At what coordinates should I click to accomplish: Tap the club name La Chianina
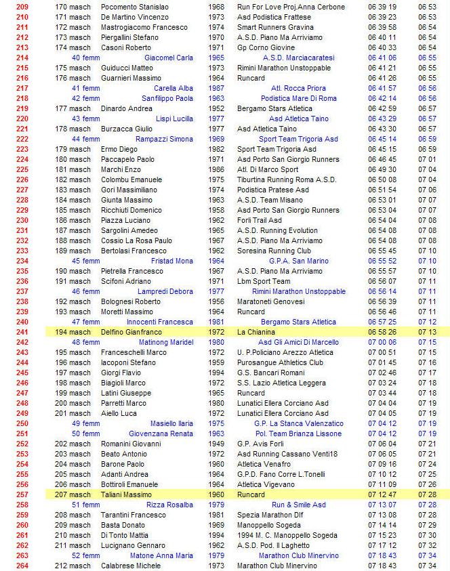point(256,332)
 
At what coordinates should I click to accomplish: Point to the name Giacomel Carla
point(169,58)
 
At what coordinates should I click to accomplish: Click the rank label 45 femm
point(86,261)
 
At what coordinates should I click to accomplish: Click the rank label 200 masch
point(73,403)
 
